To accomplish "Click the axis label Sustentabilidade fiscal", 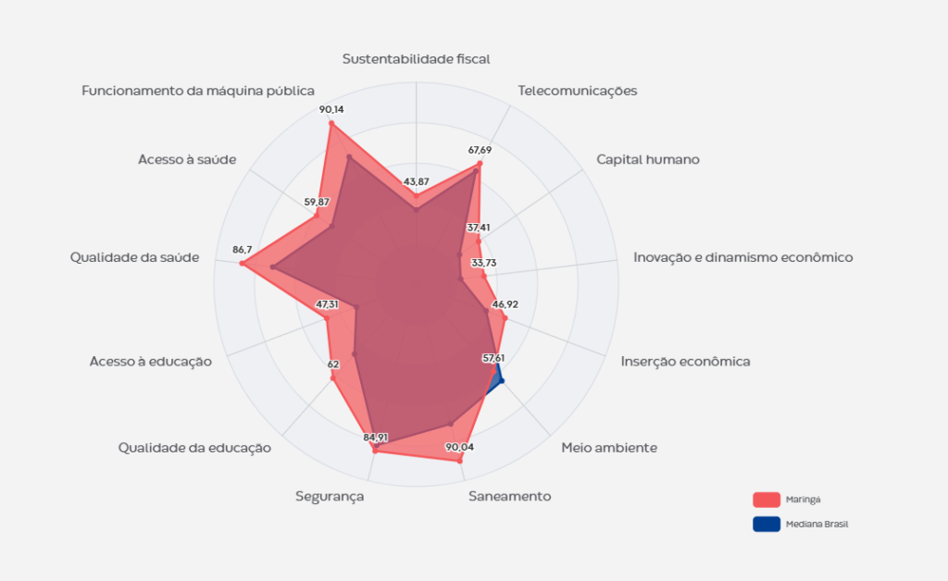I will [416, 58].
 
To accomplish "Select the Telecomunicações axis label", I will [578, 91].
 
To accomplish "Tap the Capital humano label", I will [647, 159].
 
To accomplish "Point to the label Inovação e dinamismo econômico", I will [742, 257].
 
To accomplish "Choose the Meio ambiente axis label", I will [609, 448].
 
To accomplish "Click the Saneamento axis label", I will [509, 496].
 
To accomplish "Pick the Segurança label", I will [330, 496].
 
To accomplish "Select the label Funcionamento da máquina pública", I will [198, 91].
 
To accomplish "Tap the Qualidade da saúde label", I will [134, 257].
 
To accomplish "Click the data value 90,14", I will [331, 109].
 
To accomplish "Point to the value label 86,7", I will [243, 250].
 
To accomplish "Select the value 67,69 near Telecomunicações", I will [480, 150].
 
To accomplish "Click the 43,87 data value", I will [417, 180].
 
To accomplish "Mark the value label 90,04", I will [459, 447].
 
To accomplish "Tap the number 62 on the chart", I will [333, 365].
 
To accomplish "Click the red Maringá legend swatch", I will [767, 500].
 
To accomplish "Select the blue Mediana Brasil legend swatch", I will [767, 524].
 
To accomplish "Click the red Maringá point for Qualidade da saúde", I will [243, 265].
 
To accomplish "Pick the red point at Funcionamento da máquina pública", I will [331, 123].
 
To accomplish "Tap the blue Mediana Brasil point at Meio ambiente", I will [501, 379].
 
